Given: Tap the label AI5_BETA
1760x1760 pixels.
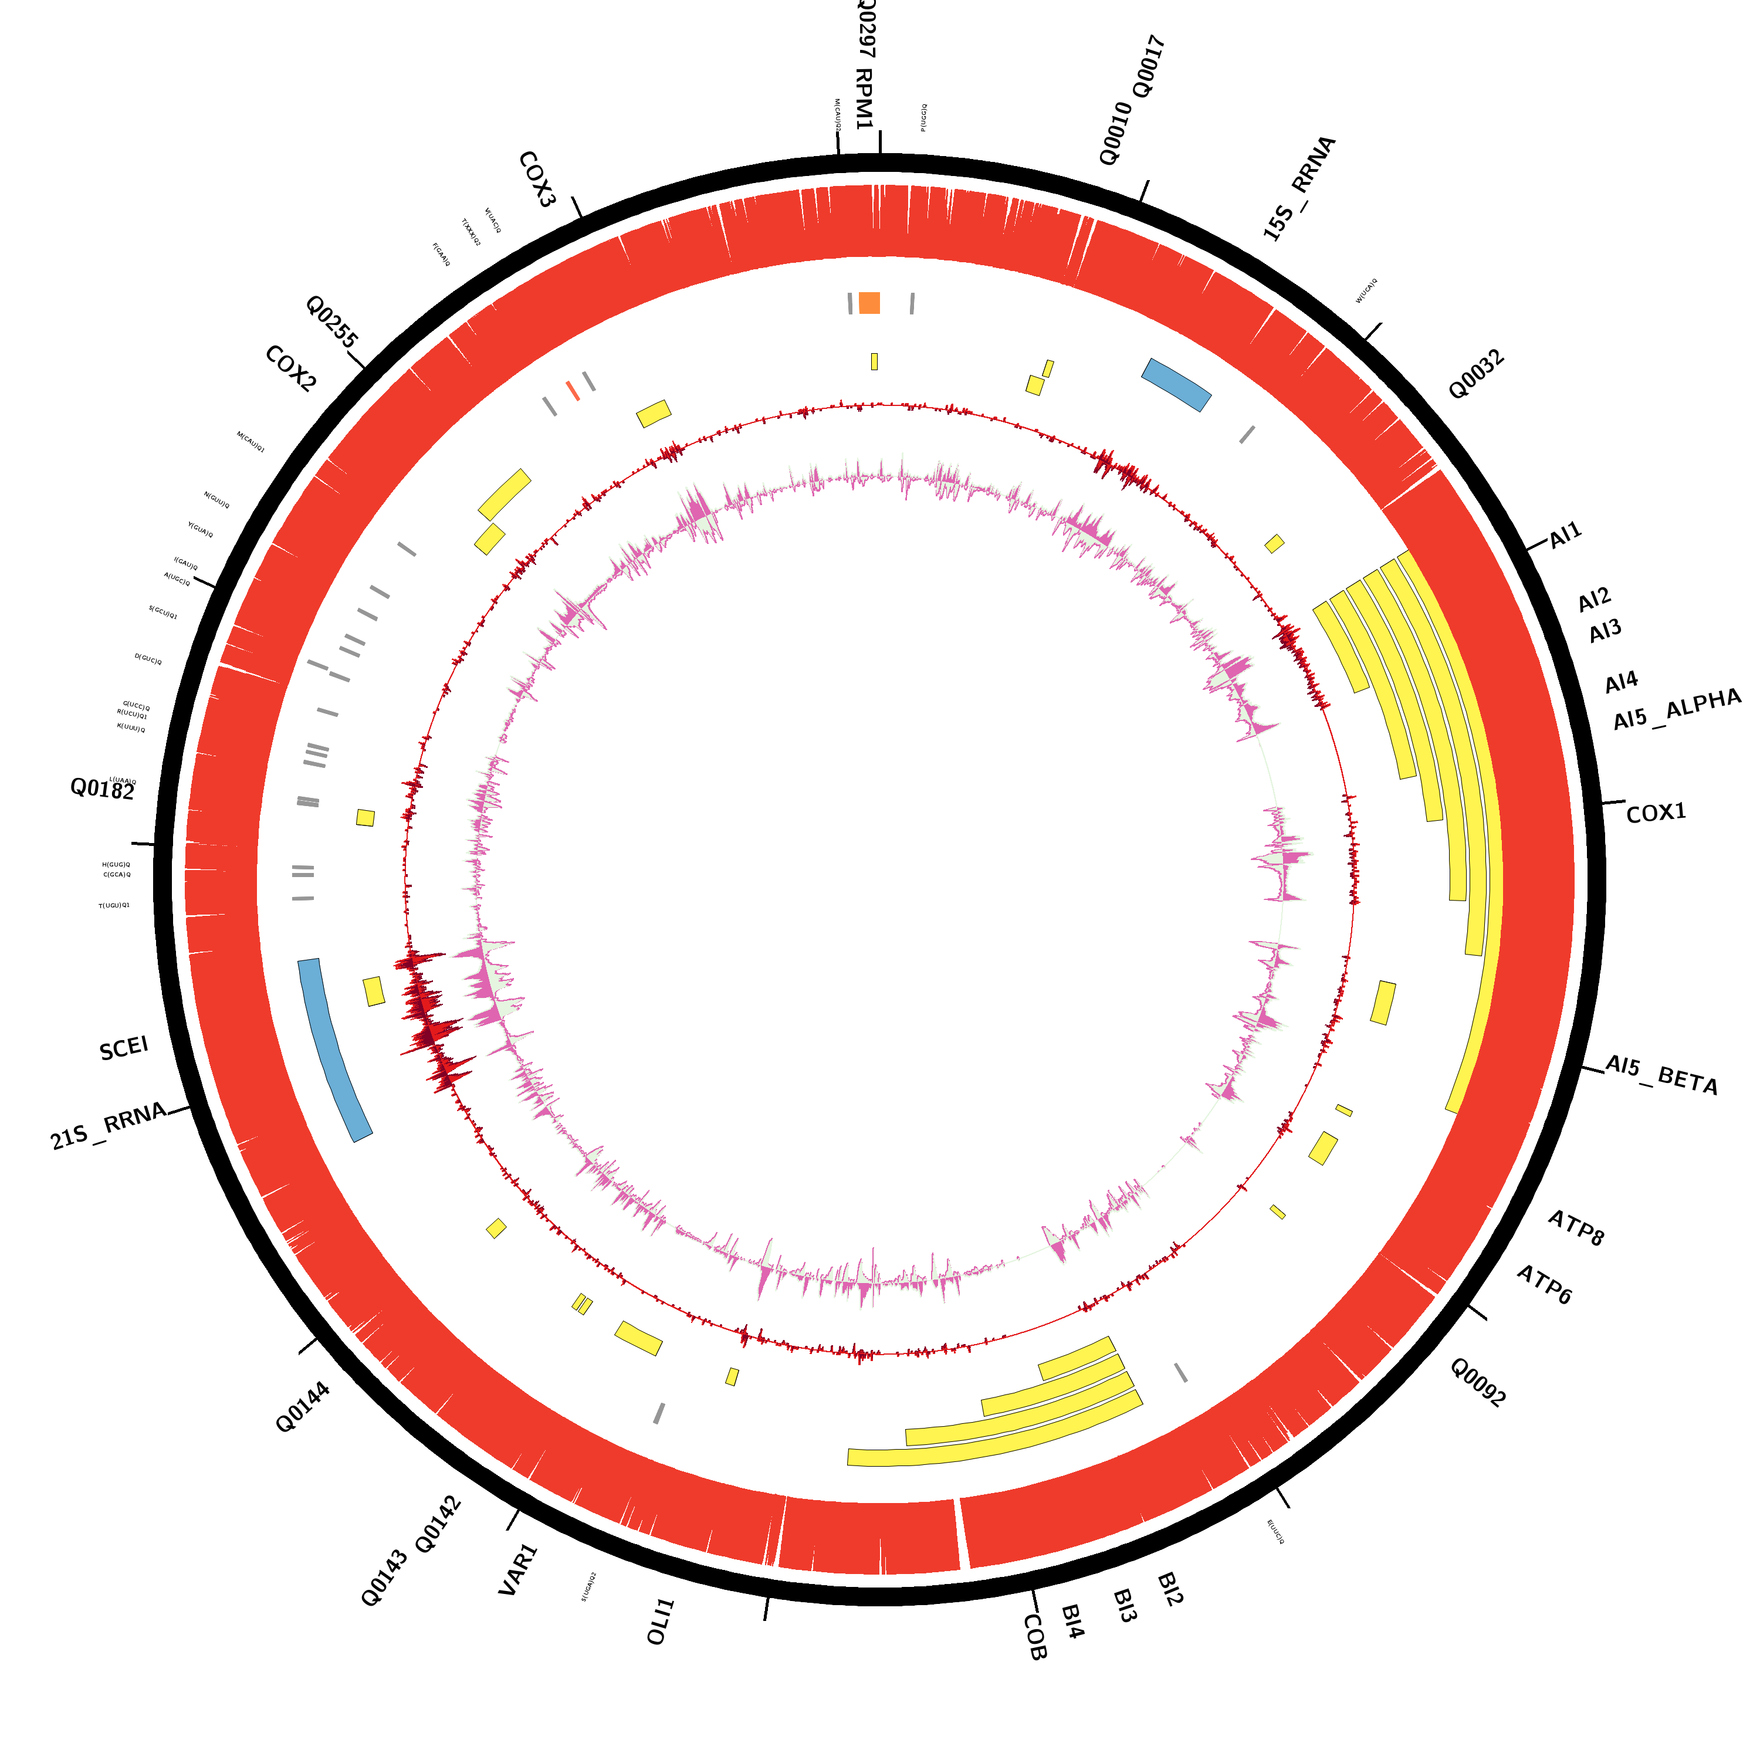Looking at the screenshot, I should click(x=1661, y=1075).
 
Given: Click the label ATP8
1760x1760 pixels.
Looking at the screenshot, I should click(x=1576, y=1227).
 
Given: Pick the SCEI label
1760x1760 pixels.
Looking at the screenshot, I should click(x=124, y=1048).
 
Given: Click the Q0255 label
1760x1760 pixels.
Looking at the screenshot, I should click(x=331, y=321).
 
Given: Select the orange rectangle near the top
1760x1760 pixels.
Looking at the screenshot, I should click(x=869, y=303).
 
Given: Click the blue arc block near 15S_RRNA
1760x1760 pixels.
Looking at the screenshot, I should click(x=1176, y=384).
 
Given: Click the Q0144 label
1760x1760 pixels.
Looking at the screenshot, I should click(x=303, y=1407).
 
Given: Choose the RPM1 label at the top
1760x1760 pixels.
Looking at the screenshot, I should click(x=864, y=99).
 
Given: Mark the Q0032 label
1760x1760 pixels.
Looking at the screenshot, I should click(x=1476, y=374).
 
